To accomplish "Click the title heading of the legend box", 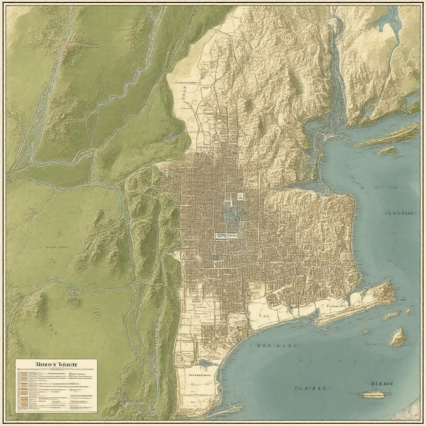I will pos(57,364).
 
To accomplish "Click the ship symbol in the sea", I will pos(377,394).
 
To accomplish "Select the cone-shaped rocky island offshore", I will pos(398,337).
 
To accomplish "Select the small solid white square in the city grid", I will pos(240,196).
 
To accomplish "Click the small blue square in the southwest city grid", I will pos(215,257).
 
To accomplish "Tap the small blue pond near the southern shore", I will pos(207,363).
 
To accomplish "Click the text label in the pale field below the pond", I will pos(200,374).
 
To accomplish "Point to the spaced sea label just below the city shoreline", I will pos(277,345).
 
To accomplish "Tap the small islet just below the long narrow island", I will pos(387,150).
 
